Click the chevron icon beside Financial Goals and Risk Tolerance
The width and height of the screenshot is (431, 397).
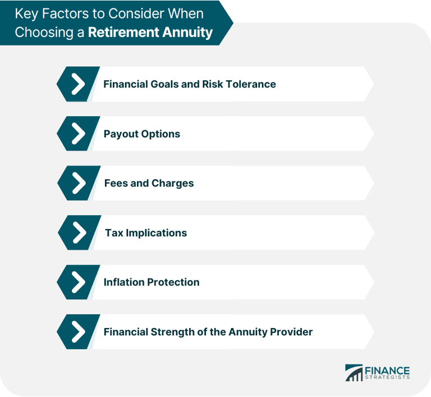point(78,84)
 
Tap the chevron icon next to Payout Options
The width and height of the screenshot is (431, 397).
point(78,134)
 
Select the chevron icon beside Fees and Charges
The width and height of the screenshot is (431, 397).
point(79,183)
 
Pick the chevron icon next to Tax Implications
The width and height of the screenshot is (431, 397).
point(79,232)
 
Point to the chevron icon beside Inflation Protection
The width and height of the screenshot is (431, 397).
point(78,282)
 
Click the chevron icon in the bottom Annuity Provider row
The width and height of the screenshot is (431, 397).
point(78,331)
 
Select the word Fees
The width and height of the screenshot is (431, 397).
point(116,183)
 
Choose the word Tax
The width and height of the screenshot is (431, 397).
point(114,232)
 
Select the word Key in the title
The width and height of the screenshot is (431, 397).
point(26,13)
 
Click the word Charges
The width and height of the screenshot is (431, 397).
point(172,183)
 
